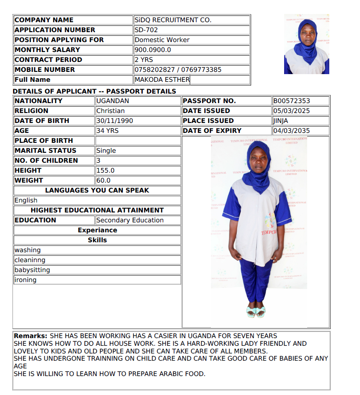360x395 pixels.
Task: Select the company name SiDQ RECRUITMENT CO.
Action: point(173,20)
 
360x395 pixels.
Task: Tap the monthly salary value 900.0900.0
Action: point(153,50)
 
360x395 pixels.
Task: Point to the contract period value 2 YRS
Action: point(144,60)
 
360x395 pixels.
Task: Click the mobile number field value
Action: point(178,70)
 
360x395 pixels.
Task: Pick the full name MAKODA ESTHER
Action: point(162,80)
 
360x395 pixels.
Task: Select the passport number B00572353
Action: point(292,101)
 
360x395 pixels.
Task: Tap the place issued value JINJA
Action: point(281,121)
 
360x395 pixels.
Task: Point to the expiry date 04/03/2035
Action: point(292,131)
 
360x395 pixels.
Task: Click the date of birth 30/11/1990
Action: point(115,121)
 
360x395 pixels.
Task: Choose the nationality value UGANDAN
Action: point(113,101)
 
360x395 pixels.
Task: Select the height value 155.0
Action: point(106,170)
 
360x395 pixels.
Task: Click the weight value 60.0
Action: point(103,180)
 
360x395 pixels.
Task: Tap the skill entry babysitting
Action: point(32,270)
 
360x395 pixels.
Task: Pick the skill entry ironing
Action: point(25,280)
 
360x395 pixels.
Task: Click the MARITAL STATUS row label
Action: point(46,150)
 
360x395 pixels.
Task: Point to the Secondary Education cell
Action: point(130,220)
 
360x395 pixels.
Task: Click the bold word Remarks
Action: point(30,336)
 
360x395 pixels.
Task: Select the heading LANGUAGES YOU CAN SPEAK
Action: point(97,190)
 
